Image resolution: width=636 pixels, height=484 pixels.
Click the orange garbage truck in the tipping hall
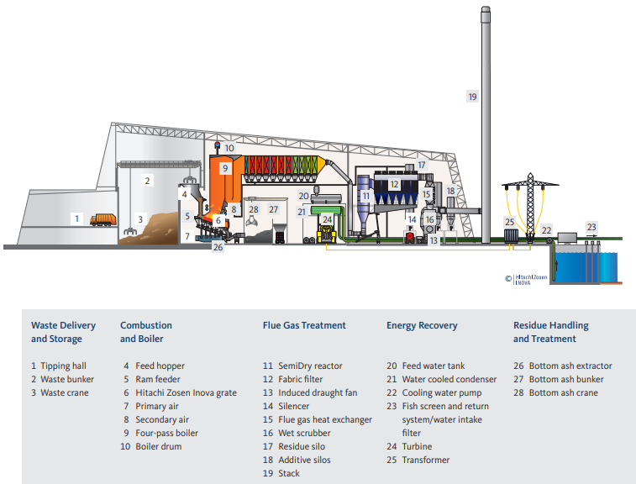click(100, 219)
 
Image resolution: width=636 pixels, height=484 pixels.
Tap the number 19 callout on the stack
click(472, 97)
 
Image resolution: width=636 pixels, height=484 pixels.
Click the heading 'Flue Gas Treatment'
click(304, 325)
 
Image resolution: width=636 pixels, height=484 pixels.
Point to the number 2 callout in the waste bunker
click(147, 180)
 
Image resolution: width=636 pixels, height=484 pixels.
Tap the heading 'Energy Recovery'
click(422, 325)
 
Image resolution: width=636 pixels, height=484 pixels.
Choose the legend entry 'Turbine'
click(418, 446)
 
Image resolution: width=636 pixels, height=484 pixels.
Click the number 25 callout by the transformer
click(508, 222)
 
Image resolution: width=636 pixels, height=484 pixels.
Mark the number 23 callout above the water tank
click(591, 227)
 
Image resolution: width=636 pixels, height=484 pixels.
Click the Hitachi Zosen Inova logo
click(522, 278)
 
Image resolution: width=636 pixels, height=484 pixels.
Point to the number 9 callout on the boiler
click(225, 168)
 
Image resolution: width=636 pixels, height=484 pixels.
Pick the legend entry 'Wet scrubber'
click(301, 433)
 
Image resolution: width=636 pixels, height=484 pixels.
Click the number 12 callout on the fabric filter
click(394, 184)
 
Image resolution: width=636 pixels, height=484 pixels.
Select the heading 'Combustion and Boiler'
click(146, 332)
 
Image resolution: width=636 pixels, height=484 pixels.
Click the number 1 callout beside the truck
click(76, 218)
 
